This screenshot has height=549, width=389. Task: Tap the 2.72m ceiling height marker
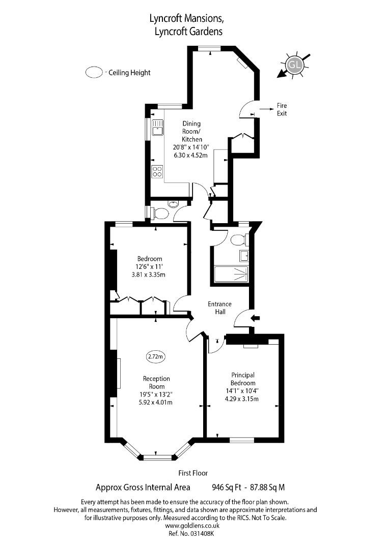coord(156,356)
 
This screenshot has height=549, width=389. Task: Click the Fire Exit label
coord(282,109)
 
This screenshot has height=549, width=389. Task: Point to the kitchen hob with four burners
coord(157,171)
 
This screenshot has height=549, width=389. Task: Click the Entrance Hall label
coord(219,308)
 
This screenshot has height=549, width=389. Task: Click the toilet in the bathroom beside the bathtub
coord(239,239)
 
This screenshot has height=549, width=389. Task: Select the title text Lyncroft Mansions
coord(186,19)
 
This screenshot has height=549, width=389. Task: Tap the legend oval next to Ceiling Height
coord(94,73)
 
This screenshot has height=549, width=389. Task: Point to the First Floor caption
coord(193,473)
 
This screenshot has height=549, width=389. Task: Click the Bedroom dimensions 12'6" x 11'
coord(149,267)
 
